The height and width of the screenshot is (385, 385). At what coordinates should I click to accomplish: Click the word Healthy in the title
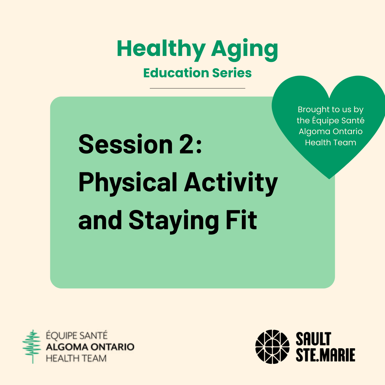pyautogui.click(x=161, y=50)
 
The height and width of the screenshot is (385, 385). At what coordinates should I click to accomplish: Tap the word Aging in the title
pyautogui.click(x=245, y=50)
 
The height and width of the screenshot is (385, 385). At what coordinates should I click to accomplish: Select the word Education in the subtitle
pyautogui.click(x=176, y=73)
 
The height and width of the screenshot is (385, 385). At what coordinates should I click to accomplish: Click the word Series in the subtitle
pyautogui.click(x=232, y=73)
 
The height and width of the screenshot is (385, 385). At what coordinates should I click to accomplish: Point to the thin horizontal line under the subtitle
pyautogui.click(x=197, y=88)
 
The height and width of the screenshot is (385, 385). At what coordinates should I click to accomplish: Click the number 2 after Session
pyautogui.click(x=186, y=144)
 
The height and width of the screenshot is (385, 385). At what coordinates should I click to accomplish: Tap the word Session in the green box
pyautogui.click(x=125, y=144)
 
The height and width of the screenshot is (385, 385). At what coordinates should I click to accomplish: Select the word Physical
pyautogui.click(x=128, y=183)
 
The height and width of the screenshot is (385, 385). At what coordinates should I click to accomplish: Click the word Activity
pyautogui.click(x=231, y=183)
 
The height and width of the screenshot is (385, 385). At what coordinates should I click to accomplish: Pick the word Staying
pyautogui.click(x=174, y=221)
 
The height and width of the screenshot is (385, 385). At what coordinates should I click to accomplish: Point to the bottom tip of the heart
pyautogui.click(x=329, y=179)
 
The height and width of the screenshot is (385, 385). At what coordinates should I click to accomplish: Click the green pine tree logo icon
pyautogui.click(x=32, y=346)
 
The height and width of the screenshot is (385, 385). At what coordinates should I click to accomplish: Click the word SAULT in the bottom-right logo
pyautogui.click(x=313, y=339)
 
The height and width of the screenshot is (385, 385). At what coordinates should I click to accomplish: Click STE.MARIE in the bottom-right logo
pyautogui.click(x=325, y=355)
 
